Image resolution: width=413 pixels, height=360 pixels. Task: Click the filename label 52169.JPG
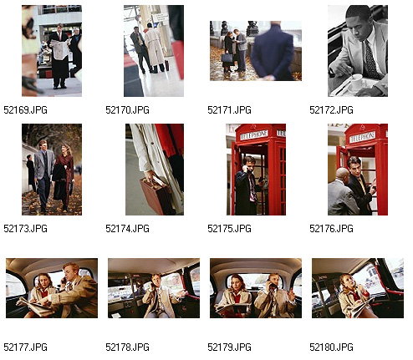coord(25,110)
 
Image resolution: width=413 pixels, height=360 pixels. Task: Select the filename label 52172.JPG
coord(331,110)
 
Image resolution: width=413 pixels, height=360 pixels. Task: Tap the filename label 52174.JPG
coord(127,229)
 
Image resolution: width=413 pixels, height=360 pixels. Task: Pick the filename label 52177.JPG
coord(25,347)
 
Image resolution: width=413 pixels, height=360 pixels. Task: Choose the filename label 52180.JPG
coord(331,347)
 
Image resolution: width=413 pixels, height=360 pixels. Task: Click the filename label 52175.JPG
coord(229,229)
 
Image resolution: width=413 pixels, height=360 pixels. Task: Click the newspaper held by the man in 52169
coord(60,49)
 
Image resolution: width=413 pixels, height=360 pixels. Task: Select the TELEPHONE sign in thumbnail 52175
coord(254,134)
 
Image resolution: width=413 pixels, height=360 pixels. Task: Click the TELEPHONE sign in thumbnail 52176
coord(362,137)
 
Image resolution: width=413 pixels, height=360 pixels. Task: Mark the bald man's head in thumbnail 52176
coord(342,175)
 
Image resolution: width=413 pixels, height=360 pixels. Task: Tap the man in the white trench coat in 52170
coord(155,48)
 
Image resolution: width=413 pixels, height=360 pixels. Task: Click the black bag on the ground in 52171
coord(227,58)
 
